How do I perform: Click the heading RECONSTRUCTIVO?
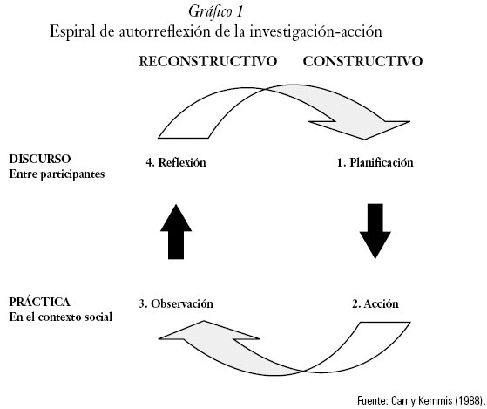point(208,61)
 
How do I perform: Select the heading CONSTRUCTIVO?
point(362,61)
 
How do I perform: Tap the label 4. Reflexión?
point(176,162)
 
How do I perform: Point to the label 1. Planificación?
point(375,162)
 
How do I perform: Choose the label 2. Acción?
point(375,303)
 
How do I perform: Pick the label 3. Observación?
point(176,303)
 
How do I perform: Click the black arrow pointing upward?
point(176,232)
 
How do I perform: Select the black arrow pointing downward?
point(375,232)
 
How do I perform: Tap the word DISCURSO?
point(40,159)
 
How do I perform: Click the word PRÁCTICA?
point(40,302)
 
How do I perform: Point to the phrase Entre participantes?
point(57,174)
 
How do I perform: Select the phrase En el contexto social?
point(61,317)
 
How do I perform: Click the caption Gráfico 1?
point(215,12)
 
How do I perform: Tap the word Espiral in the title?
point(72,31)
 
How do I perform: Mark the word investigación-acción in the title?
point(316,31)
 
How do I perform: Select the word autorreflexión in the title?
point(166,31)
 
